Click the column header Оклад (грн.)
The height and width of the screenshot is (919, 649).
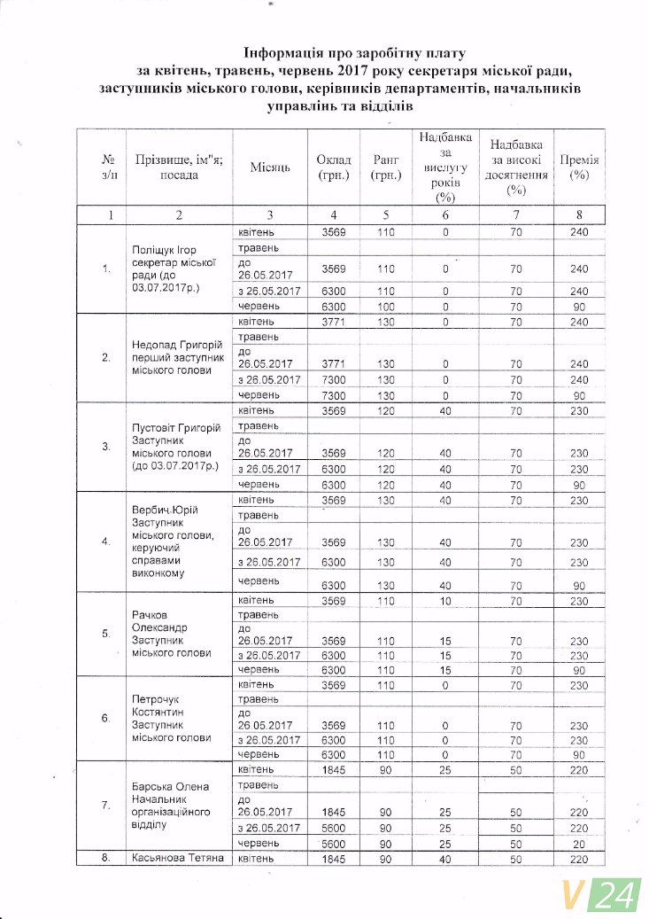333,167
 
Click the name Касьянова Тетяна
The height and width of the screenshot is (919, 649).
175,858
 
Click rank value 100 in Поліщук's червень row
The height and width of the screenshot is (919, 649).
384,306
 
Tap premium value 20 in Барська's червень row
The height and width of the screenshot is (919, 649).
580,842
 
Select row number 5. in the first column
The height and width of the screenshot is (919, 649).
106,635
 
